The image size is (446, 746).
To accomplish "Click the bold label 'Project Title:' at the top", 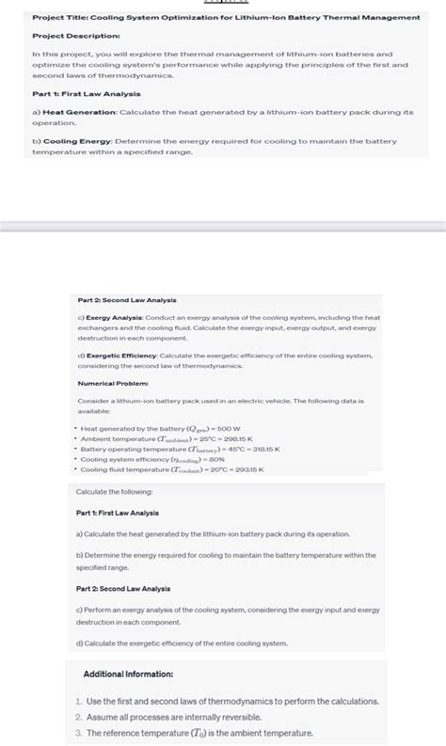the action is [x=59, y=18].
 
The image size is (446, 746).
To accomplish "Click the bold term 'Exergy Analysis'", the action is [x=113, y=318].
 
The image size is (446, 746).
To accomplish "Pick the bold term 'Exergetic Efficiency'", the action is [x=120, y=356].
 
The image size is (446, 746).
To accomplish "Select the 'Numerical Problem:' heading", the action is [x=109, y=384].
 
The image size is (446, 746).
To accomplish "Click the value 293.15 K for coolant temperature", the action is [x=246, y=469].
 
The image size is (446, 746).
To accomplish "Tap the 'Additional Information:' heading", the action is [x=128, y=675].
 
